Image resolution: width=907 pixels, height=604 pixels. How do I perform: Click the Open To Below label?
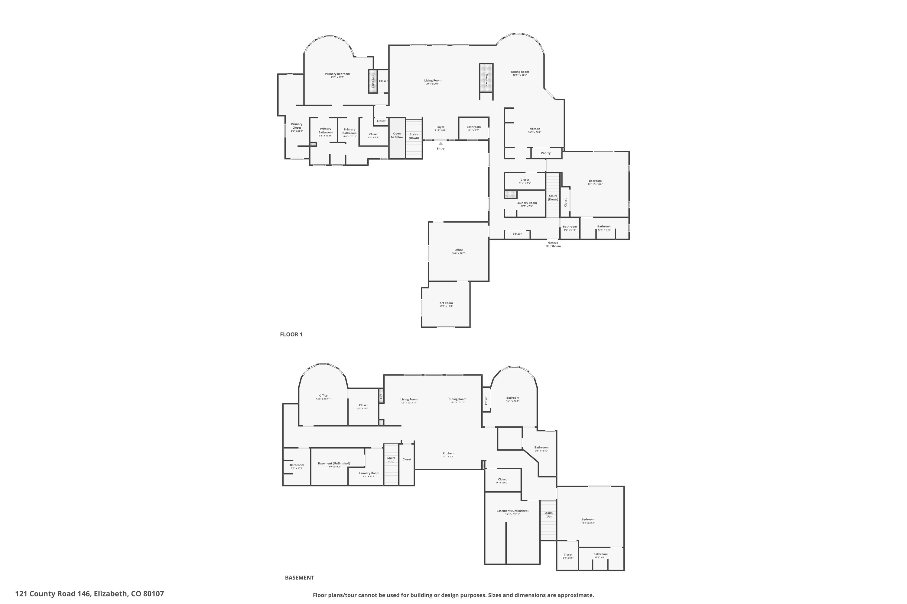[397, 136]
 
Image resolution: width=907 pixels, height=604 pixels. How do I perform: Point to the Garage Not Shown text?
[553, 244]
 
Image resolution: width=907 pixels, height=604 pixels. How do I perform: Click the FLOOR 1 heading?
[291, 334]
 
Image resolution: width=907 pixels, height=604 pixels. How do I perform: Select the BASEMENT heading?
[299, 577]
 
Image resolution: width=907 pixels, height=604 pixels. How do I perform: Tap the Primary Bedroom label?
[337, 74]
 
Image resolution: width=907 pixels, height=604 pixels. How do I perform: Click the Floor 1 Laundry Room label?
[526, 203]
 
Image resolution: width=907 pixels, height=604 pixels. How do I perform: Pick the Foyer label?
[440, 127]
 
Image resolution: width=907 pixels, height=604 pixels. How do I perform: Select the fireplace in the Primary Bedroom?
[372, 81]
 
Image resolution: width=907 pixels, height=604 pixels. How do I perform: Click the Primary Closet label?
[297, 126]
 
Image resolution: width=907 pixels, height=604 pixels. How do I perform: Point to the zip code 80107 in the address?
[154, 594]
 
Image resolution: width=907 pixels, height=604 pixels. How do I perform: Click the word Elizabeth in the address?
[110, 594]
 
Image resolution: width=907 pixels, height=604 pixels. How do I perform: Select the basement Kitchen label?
[448, 453]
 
